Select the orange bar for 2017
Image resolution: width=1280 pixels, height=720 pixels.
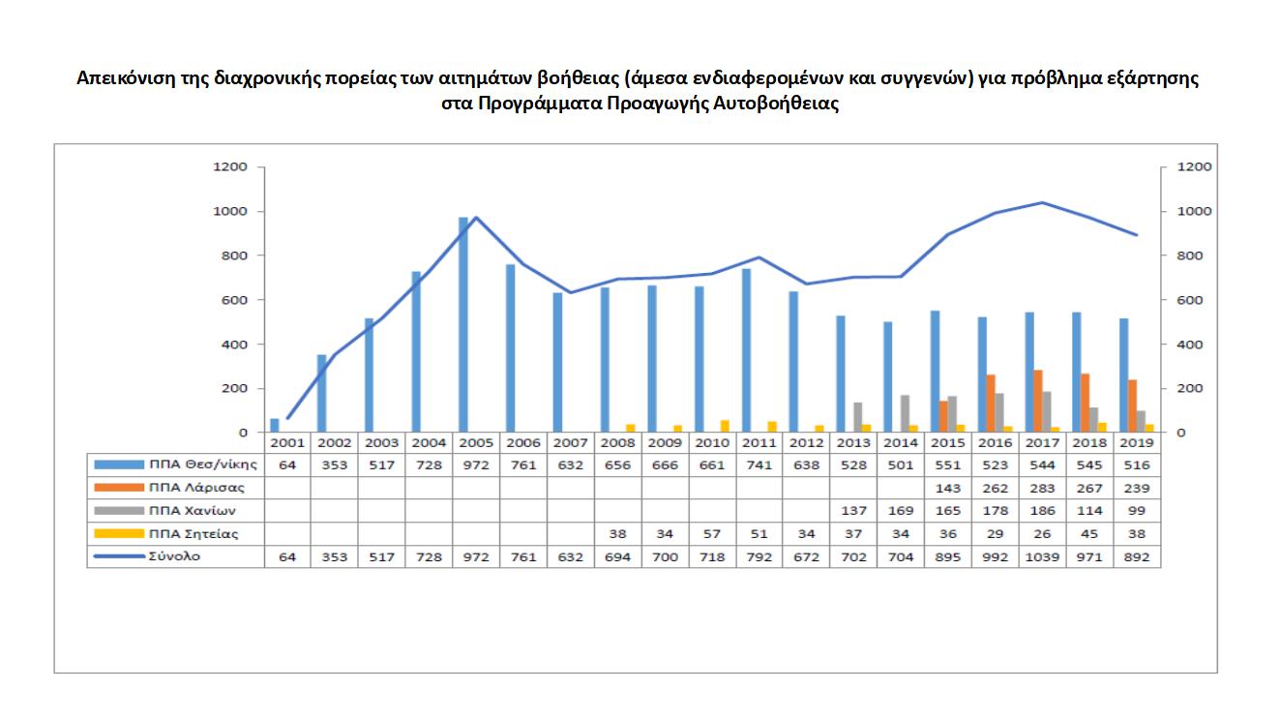point(1038,401)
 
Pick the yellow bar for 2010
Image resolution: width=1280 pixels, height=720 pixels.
point(725,426)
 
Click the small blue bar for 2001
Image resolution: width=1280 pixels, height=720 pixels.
point(275,426)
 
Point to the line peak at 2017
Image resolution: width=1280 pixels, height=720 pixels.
point(1042,202)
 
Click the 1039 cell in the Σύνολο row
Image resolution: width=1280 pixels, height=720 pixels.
point(1042,557)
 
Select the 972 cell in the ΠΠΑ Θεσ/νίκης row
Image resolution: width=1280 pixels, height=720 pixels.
point(476,465)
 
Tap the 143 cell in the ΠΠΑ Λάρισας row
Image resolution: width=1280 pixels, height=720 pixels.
point(947,488)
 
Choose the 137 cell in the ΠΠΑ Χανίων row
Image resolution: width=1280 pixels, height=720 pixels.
point(853,511)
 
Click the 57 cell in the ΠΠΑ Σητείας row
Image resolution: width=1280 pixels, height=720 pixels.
point(711,534)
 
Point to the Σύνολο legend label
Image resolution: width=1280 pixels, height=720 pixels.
point(175,557)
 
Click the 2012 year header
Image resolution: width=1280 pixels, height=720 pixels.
point(806,442)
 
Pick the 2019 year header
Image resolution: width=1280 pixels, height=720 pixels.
point(1136,442)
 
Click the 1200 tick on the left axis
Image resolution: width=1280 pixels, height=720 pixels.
point(231,167)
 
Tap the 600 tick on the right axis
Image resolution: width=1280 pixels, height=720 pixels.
point(1188,300)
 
